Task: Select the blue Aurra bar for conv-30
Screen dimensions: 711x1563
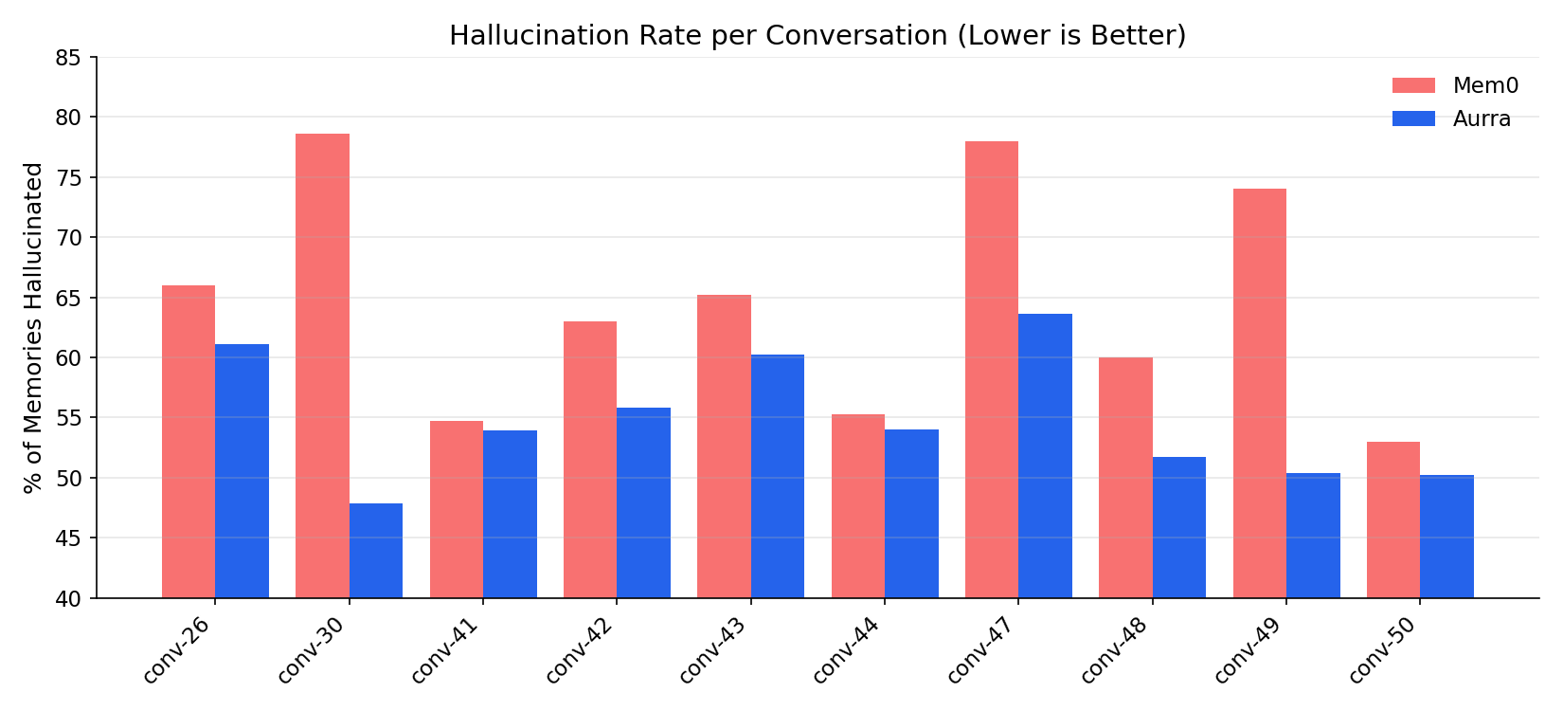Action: tap(376, 550)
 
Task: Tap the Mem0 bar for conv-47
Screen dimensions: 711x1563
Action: tap(992, 370)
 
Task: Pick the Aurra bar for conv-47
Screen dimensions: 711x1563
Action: tap(1046, 455)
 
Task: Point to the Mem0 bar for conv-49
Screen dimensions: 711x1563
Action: tap(1260, 393)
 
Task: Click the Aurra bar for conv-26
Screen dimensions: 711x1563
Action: tap(243, 470)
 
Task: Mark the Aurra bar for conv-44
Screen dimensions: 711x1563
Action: tap(911, 513)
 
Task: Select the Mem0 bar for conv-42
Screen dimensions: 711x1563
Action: tap(590, 460)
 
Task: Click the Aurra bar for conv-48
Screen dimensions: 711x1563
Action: tap(1179, 527)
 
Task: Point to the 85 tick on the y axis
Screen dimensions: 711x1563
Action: tap(69, 58)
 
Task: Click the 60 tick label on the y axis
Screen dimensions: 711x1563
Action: tap(69, 357)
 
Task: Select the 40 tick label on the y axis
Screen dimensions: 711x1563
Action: tap(69, 598)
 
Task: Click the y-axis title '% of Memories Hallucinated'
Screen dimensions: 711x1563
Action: tap(34, 328)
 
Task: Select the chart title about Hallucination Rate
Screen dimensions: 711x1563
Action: tap(817, 35)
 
